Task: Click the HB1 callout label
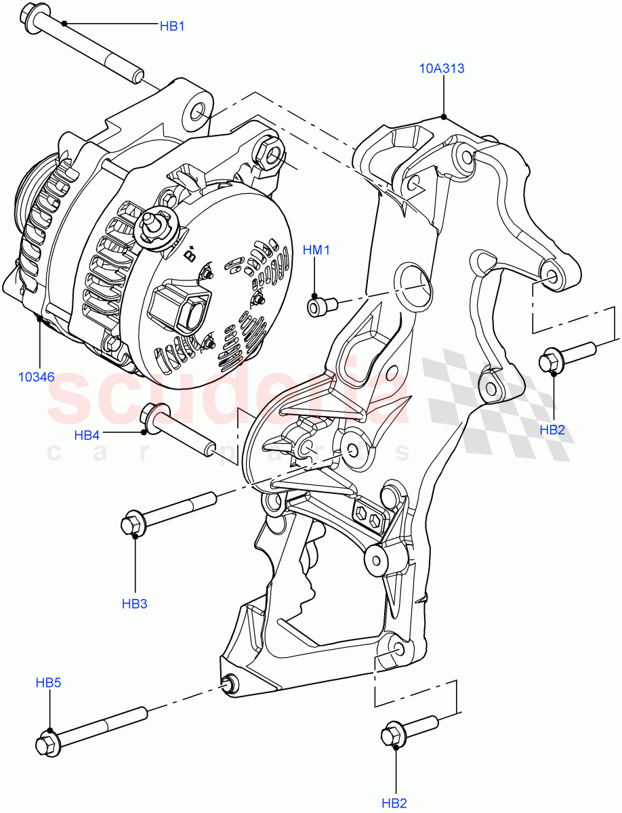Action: (x=172, y=26)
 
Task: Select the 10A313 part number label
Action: (x=442, y=68)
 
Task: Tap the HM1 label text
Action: (x=316, y=251)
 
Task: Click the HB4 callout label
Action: (x=87, y=436)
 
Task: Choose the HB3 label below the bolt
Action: (x=134, y=604)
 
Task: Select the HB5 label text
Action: (x=48, y=683)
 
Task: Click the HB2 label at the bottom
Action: (x=394, y=804)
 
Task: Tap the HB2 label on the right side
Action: (x=552, y=429)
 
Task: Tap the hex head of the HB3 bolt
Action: (x=132, y=524)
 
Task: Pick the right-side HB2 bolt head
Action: (x=550, y=362)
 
